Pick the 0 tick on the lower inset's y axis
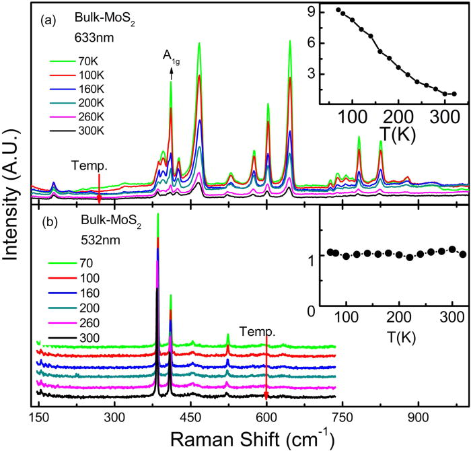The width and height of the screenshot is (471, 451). click(x=312, y=310)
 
